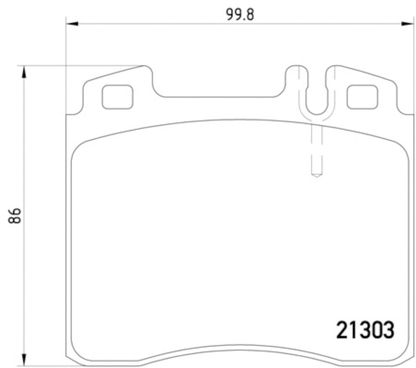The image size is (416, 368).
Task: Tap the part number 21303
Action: pyautogui.click(x=366, y=331)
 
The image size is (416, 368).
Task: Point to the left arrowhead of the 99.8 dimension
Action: pyautogui.click(x=71, y=23)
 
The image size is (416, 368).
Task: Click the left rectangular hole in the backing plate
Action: pyautogui.click(x=117, y=97)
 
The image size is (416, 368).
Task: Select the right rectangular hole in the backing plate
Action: pyautogui.click(x=362, y=97)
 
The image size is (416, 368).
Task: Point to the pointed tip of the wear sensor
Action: pyautogui.click(x=316, y=176)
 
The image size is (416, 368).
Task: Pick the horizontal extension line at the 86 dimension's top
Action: pyautogui.click(x=78, y=66)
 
